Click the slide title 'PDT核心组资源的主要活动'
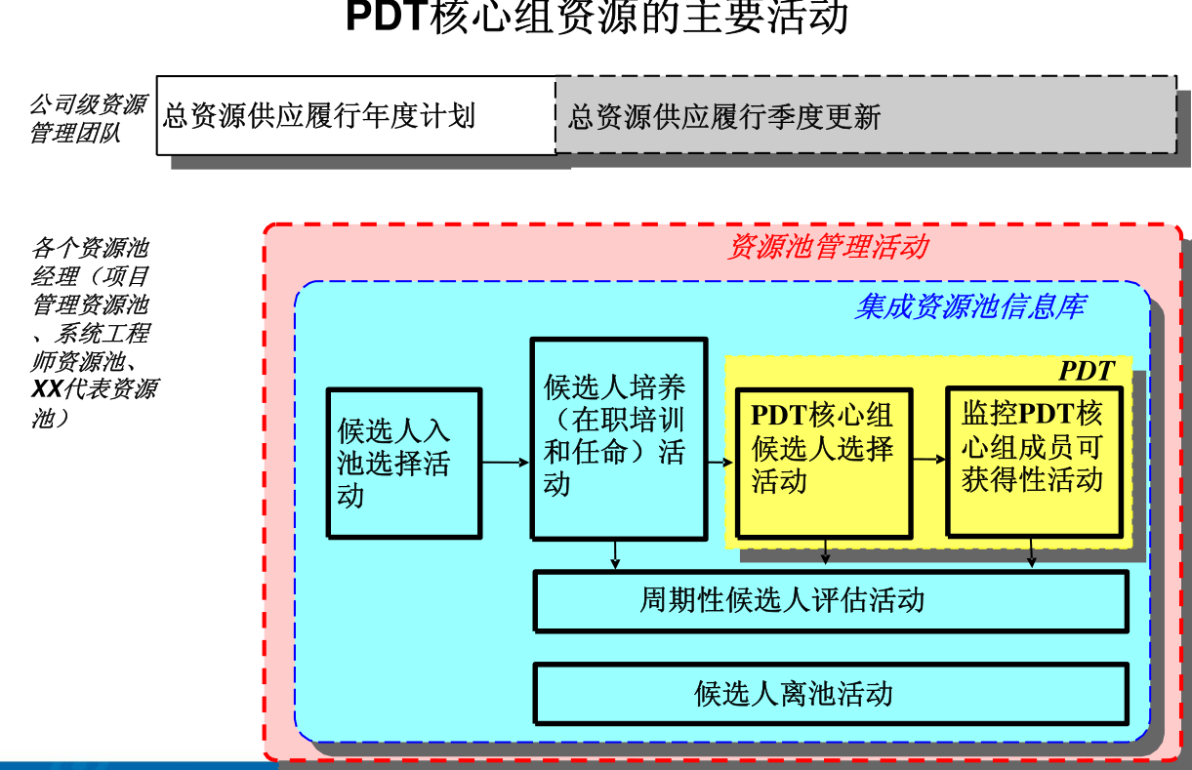[x=596, y=18]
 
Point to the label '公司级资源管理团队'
[x=88, y=118]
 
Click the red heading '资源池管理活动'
[x=827, y=247]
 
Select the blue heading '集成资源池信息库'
[x=968, y=306]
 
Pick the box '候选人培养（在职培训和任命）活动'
[x=617, y=437]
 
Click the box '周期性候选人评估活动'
[x=830, y=599]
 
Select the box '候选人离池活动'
[x=830, y=693]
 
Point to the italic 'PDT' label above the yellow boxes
[x=1086, y=371]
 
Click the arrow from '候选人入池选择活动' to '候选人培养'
[x=506, y=463]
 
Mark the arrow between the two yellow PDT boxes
[x=928, y=459]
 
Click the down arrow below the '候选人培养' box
[x=615, y=554]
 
